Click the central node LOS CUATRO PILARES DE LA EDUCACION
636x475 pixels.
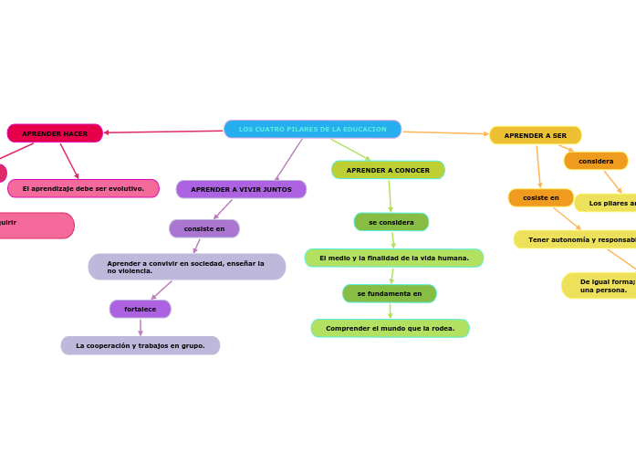click(x=312, y=130)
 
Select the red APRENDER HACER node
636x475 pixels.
click(x=55, y=133)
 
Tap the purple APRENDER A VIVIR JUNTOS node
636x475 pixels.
click(x=241, y=189)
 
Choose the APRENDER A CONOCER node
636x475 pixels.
click(x=388, y=170)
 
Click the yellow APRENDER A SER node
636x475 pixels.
click(x=535, y=135)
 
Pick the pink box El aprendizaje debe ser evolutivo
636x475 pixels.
click(x=83, y=188)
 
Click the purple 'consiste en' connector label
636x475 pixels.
click(x=204, y=228)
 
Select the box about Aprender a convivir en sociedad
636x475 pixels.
click(x=186, y=267)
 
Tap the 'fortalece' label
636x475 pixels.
click(x=140, y=309)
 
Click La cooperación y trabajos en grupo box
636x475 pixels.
click(x=140, y=345)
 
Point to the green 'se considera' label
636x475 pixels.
click(x=391, y=222)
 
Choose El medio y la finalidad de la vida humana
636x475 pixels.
click(x=393, y=258)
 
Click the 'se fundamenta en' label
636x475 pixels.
click(x=389, y=293)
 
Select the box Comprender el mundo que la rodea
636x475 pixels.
click(x=390, y=328)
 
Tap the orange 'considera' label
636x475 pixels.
click(x=596, y=161)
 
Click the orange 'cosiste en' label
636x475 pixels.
click(x=540, y=197)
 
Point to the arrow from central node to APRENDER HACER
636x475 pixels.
click(x=164, y=132)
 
